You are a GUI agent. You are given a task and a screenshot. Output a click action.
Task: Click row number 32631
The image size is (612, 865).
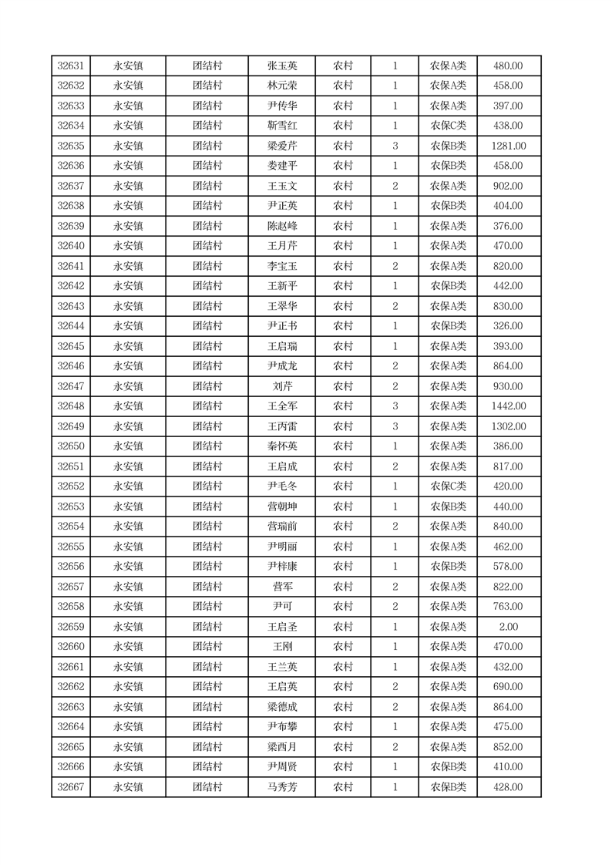tap(71, 66)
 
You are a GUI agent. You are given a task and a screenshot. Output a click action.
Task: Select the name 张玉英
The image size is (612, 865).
tap(281, 66)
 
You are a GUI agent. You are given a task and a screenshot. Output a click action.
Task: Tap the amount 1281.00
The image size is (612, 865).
tap(508, 146)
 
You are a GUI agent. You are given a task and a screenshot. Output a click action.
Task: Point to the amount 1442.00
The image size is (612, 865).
tap(508, 406)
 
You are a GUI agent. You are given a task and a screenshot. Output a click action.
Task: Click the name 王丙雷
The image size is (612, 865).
tap(281, 426)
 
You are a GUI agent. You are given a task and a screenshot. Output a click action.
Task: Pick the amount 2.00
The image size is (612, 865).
tap(508, 627)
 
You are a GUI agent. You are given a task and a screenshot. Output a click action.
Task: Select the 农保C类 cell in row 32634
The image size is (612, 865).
tap(448, 126)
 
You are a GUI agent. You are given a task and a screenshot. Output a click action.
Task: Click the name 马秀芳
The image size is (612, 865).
tap(281, 787)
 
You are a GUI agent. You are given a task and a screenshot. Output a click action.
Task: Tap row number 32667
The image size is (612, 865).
tap(71, 787)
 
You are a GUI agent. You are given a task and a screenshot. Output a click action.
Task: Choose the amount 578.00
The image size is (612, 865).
tap(508, 567)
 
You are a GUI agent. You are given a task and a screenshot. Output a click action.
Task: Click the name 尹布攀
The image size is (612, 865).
tap(281, 727)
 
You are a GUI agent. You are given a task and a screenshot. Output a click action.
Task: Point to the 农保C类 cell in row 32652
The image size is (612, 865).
tap(448, 486)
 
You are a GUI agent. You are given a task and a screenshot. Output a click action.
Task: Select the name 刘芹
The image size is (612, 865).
tap(281, 386)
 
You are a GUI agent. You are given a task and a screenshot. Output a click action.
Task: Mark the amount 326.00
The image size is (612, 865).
tap(508, 326)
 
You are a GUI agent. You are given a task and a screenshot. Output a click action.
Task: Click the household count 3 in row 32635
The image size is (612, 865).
tap(395, 146)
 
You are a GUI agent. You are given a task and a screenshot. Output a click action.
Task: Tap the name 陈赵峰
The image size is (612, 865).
tap(281, 226)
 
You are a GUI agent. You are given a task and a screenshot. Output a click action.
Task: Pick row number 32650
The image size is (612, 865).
tap(71, 446)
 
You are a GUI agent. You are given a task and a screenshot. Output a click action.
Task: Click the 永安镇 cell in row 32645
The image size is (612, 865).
tap(128, 346)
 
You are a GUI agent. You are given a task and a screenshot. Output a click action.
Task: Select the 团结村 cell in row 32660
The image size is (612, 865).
tap(207, 647)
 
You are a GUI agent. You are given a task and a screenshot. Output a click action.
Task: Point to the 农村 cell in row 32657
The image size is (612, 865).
tap(343, 587)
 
